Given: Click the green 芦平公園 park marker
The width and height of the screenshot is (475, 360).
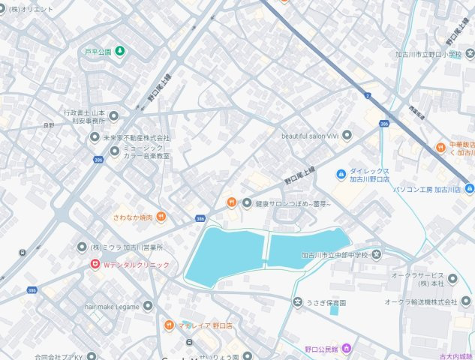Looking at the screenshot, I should (120, 52).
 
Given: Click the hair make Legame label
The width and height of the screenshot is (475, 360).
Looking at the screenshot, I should (113, 306).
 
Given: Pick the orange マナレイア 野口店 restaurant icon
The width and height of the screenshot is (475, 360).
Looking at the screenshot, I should (170, 325).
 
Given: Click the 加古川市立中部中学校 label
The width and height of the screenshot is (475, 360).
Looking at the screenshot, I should (335, 255).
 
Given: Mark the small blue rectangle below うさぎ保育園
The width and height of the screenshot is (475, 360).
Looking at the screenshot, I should (334, 310).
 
